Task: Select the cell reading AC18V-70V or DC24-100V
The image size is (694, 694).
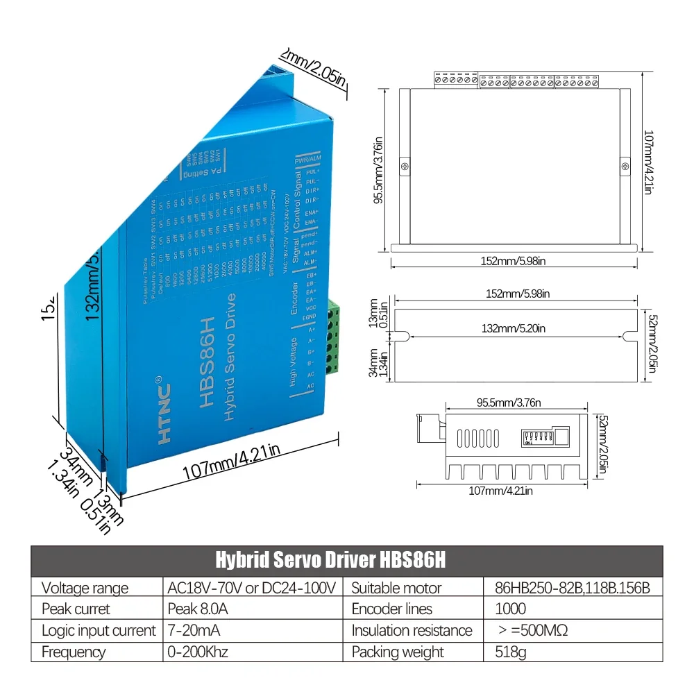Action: coord(253,588)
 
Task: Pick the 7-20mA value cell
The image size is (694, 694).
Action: coord(196,630)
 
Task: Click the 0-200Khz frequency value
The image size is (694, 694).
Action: coord(198,652)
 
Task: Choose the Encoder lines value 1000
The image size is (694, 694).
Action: coord(510,609)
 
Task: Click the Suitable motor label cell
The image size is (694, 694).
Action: coord(396,588)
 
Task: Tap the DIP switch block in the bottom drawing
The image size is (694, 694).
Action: coord(536,437)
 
